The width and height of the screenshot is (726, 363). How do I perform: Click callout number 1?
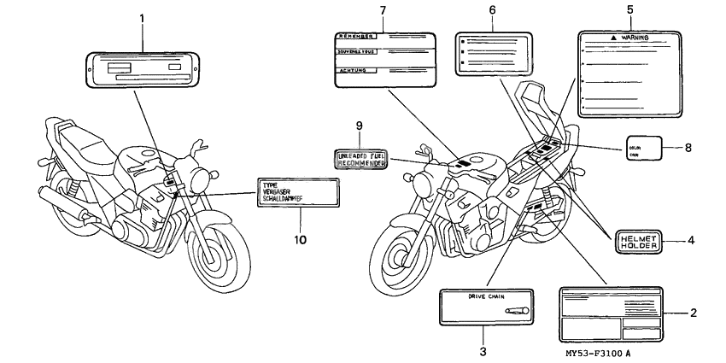coord(143,18)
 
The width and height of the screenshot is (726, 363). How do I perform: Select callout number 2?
coord(694,313)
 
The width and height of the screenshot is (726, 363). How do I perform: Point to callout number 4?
coord(691,241)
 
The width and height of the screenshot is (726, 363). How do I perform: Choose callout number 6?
coord(492,9)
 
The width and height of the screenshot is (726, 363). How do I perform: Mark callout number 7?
coord(382,9)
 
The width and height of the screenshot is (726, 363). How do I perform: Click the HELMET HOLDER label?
coord(638,241)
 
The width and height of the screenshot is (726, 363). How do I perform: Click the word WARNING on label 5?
coord(633,38)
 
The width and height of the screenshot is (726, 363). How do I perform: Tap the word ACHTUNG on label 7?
coord(349,72)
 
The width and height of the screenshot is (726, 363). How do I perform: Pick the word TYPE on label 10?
coord(271,184)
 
